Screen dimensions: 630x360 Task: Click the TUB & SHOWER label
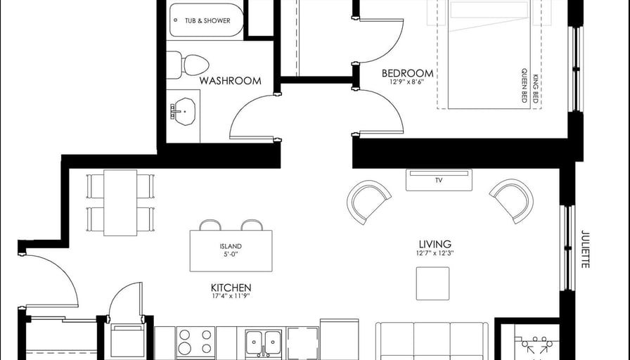207,20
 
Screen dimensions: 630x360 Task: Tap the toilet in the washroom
188,65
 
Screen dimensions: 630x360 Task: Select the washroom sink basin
185,112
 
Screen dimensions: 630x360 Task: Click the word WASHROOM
230,81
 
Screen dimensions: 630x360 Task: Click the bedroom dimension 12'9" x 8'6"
406,82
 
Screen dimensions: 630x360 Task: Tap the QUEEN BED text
525,85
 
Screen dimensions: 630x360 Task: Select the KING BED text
536,89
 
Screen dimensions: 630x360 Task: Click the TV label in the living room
439,181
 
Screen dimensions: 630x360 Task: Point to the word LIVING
435,244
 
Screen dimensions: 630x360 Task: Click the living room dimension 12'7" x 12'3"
435,253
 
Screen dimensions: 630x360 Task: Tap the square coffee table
432,283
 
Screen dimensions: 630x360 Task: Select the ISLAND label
231,246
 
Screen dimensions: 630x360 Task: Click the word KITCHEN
231,288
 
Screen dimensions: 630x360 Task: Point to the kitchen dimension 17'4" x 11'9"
231,297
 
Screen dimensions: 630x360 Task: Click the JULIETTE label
586,249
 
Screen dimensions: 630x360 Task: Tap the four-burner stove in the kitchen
195,342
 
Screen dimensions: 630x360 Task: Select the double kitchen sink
263,342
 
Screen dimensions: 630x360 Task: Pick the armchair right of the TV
512,201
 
